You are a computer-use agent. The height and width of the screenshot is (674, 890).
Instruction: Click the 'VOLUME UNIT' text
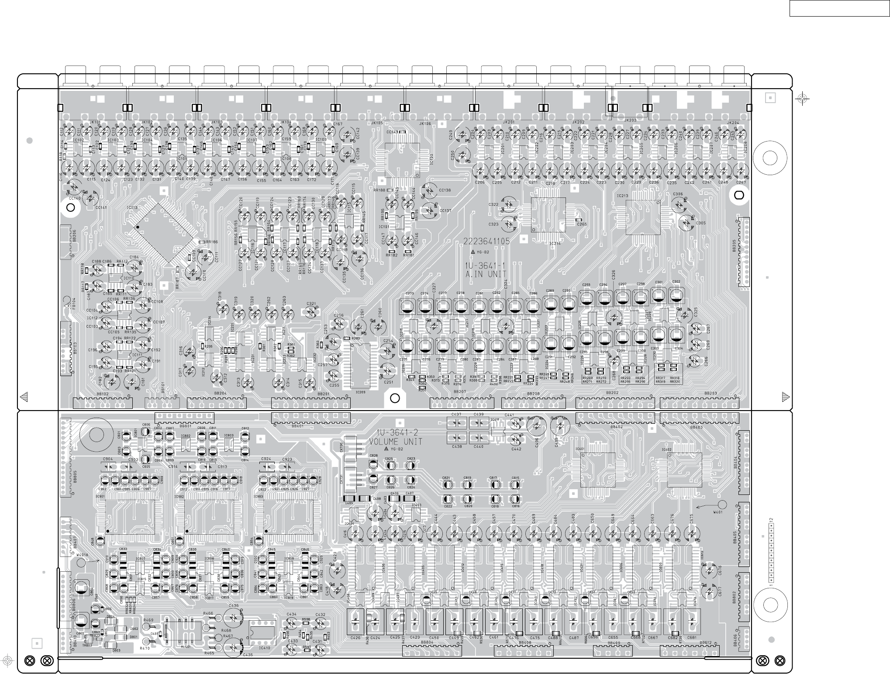pyautogui.click(x=396, y=442)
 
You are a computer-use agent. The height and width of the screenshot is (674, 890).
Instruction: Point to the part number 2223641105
pyautogui.click(x=486, y=241)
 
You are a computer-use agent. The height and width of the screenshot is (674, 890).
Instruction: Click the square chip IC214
pyautogui.click(x=548, y=215)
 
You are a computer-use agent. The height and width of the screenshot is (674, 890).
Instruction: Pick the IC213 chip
pyautogui.click(x=642, y=217)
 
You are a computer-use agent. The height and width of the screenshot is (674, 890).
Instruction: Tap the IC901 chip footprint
pyautogui.click(x=130, y=517)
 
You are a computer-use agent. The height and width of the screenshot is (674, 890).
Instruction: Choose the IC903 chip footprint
pyautogui.click(x=288, y=517)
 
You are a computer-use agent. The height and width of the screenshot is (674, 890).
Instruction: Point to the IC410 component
pyautogui.click(x=262, y=632)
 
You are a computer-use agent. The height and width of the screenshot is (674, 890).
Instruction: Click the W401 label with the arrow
pyautogui.click(x=718, y=512)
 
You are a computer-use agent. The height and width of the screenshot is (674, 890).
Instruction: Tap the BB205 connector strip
pyautogui.click(x=743, y=251)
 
